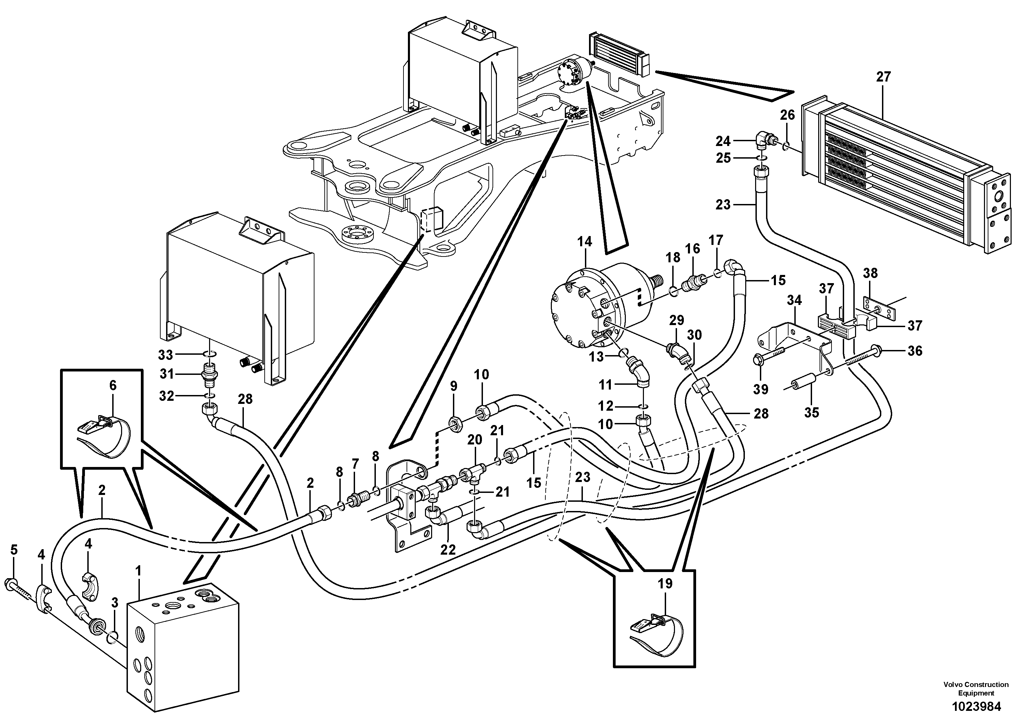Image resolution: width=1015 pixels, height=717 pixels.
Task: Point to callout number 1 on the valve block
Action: [x=138, y=572]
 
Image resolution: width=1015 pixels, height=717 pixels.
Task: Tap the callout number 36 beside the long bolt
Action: [x=915, y=351]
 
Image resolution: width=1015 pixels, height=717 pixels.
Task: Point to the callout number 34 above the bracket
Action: [x=794, y=301]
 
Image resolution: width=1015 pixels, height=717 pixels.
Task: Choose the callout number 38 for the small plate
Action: [x=870, y=273]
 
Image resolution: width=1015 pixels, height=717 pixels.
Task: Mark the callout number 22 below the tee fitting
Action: [x=448, y=550]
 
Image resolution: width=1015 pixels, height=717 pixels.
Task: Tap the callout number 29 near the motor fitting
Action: [x=676, y=320]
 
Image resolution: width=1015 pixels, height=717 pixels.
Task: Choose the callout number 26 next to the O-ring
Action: [x=787, y=115]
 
